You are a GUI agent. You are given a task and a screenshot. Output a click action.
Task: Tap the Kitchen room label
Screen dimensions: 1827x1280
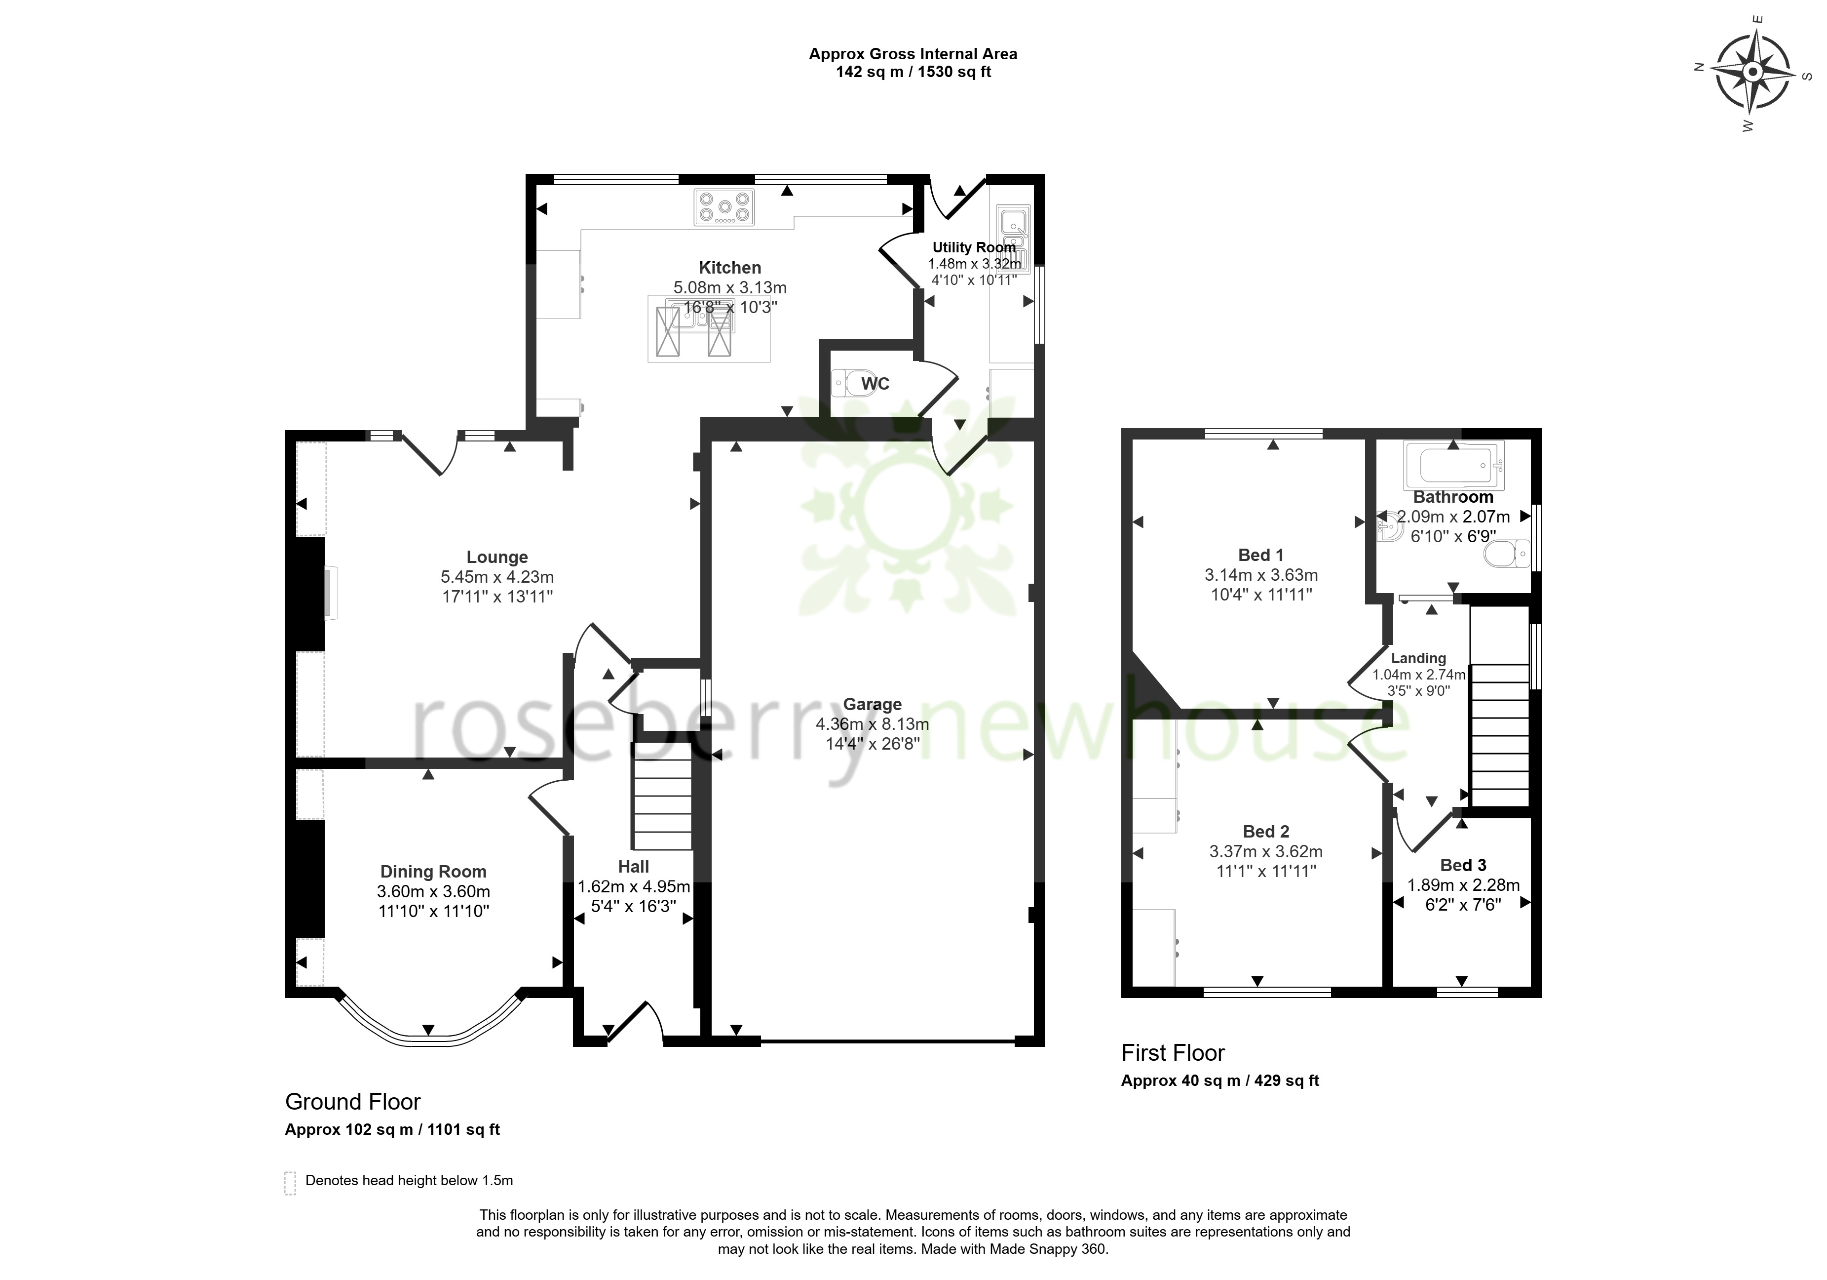[x=730, y=268]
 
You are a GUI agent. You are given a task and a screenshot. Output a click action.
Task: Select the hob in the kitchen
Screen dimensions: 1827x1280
[x=724, y=207]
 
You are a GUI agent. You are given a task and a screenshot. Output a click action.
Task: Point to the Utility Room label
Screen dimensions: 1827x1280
[x=974, y=247]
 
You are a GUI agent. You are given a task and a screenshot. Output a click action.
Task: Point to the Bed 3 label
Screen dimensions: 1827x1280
[x=1463, y=865]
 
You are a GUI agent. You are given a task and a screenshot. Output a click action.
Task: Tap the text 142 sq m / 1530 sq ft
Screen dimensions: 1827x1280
[x=913, y=73]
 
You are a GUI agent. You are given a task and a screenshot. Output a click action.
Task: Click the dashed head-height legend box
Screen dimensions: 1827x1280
[x=290, y=1183]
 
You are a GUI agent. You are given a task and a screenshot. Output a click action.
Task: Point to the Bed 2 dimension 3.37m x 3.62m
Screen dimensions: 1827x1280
[x=1265, y=851]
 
